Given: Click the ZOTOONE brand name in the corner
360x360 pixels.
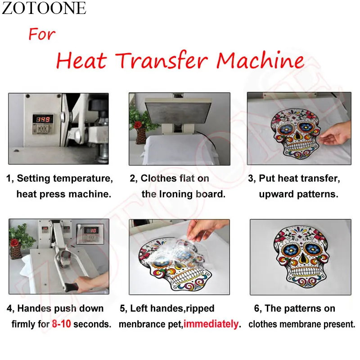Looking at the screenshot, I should click(x=44, y=8).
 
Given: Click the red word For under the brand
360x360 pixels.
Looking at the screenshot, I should click(x=42, y=34).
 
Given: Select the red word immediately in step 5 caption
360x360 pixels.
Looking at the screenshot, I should click(x=211, y=324).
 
